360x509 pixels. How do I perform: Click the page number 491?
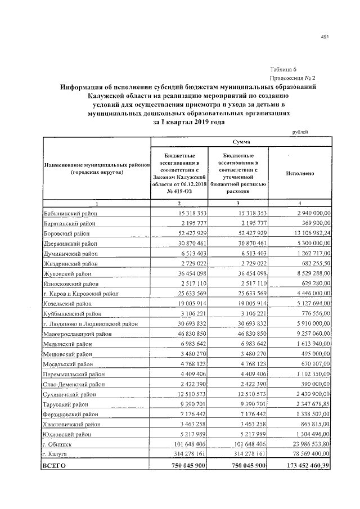point(325,37)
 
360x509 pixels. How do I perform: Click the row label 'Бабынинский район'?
point(70,214)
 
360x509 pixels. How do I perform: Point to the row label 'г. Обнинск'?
point(57,443)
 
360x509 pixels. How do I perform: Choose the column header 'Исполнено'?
point(299,174)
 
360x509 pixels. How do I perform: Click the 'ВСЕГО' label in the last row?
point(55,466)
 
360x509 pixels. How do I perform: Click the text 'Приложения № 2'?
point(292,78)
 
